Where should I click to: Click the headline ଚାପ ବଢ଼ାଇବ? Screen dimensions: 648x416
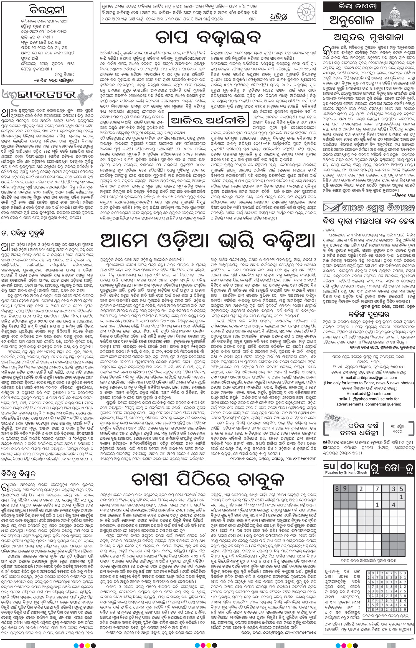coord(208,37)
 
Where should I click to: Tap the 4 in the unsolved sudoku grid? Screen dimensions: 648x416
coord(393,505)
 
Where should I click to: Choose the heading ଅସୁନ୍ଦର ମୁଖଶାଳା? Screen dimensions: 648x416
coord(369,37)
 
